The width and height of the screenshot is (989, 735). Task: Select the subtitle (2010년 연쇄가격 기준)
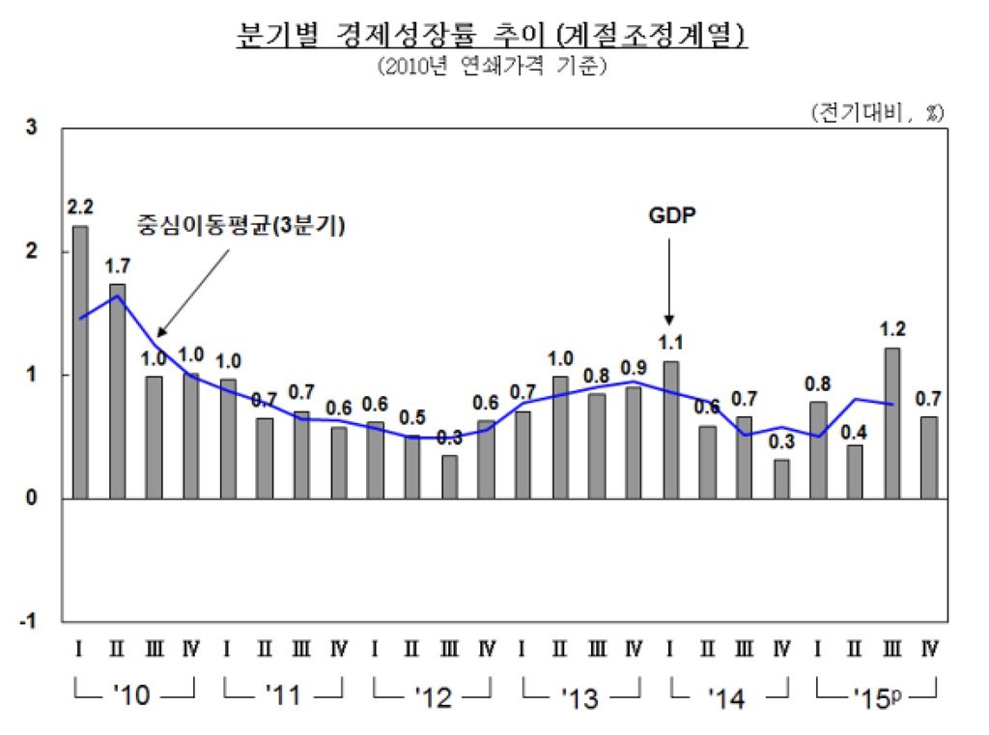[x=493, y=68]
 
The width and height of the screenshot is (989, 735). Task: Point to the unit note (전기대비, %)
[x=877, y=112]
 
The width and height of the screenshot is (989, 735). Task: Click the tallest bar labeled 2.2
[x=80, y=362]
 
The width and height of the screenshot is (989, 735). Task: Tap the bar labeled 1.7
[x=117, y=391]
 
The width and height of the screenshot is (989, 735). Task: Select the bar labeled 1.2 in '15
[x=892, y=423]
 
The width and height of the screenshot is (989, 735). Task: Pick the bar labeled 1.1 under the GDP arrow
[x=670, y=430]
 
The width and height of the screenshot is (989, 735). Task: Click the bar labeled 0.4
[x=855, y=471]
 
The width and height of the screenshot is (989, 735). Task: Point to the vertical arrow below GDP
[x=669, y=280]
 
